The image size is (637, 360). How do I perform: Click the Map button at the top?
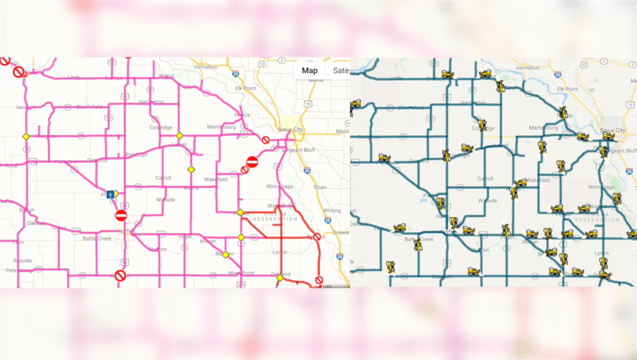[x=310, y=71]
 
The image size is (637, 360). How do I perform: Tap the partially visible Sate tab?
[x=340, y=71]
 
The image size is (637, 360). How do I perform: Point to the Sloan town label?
[x=320, y=187]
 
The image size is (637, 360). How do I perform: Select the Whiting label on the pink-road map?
[x=331, y=211]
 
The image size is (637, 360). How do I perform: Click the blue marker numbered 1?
[x=110, y=194]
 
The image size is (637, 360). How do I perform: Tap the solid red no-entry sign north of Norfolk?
[x=122, y=215]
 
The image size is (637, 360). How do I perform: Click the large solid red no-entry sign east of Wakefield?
[x=252, y=162]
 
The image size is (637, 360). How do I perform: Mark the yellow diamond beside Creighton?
[x=26, y=136]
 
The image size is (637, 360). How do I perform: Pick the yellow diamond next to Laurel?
[x=179, y=136]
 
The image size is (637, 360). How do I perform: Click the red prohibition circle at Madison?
[x=120, y=276]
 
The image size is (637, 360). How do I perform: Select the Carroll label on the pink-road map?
[x=163, y=178]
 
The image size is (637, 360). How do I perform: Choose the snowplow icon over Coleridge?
[x=482, y=125]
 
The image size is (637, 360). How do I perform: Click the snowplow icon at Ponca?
[x=564, y=112]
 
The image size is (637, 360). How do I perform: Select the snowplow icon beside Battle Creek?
[x=418, y=244]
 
